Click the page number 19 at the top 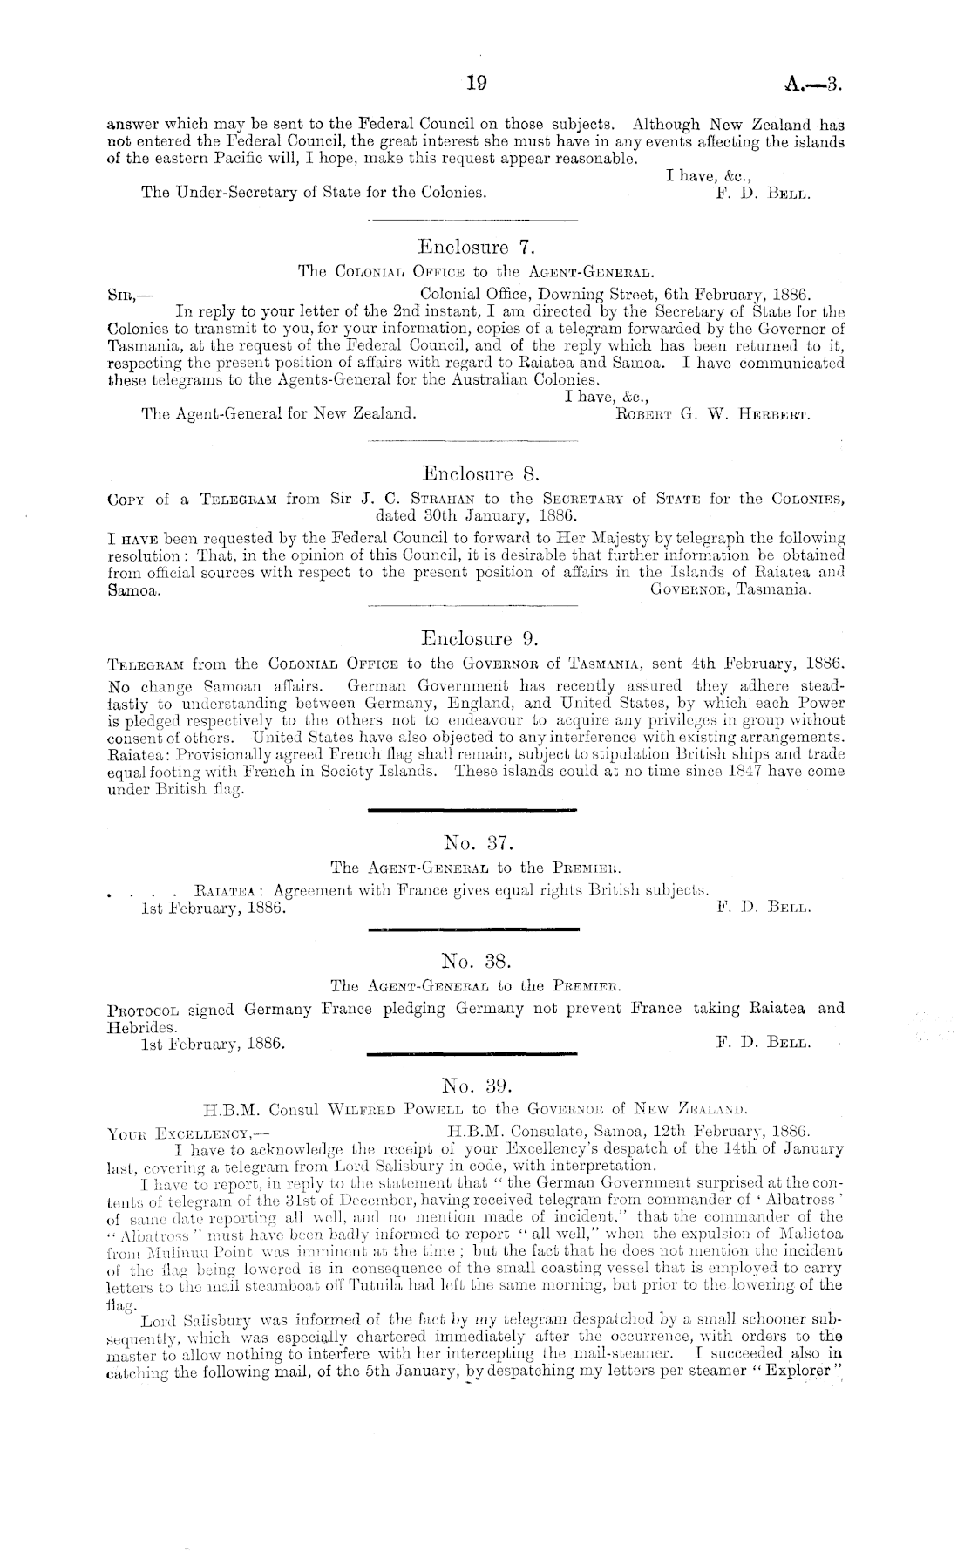[x=476, y=84]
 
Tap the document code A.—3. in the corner [x=814, y=84]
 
